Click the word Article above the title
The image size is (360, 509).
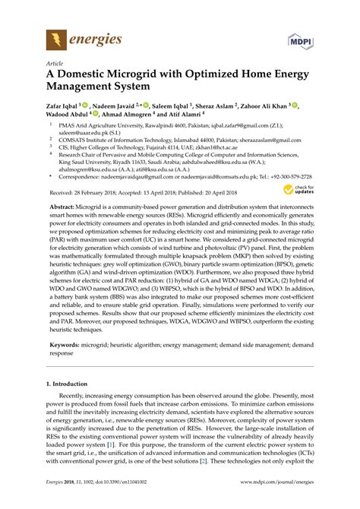point(55,64)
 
